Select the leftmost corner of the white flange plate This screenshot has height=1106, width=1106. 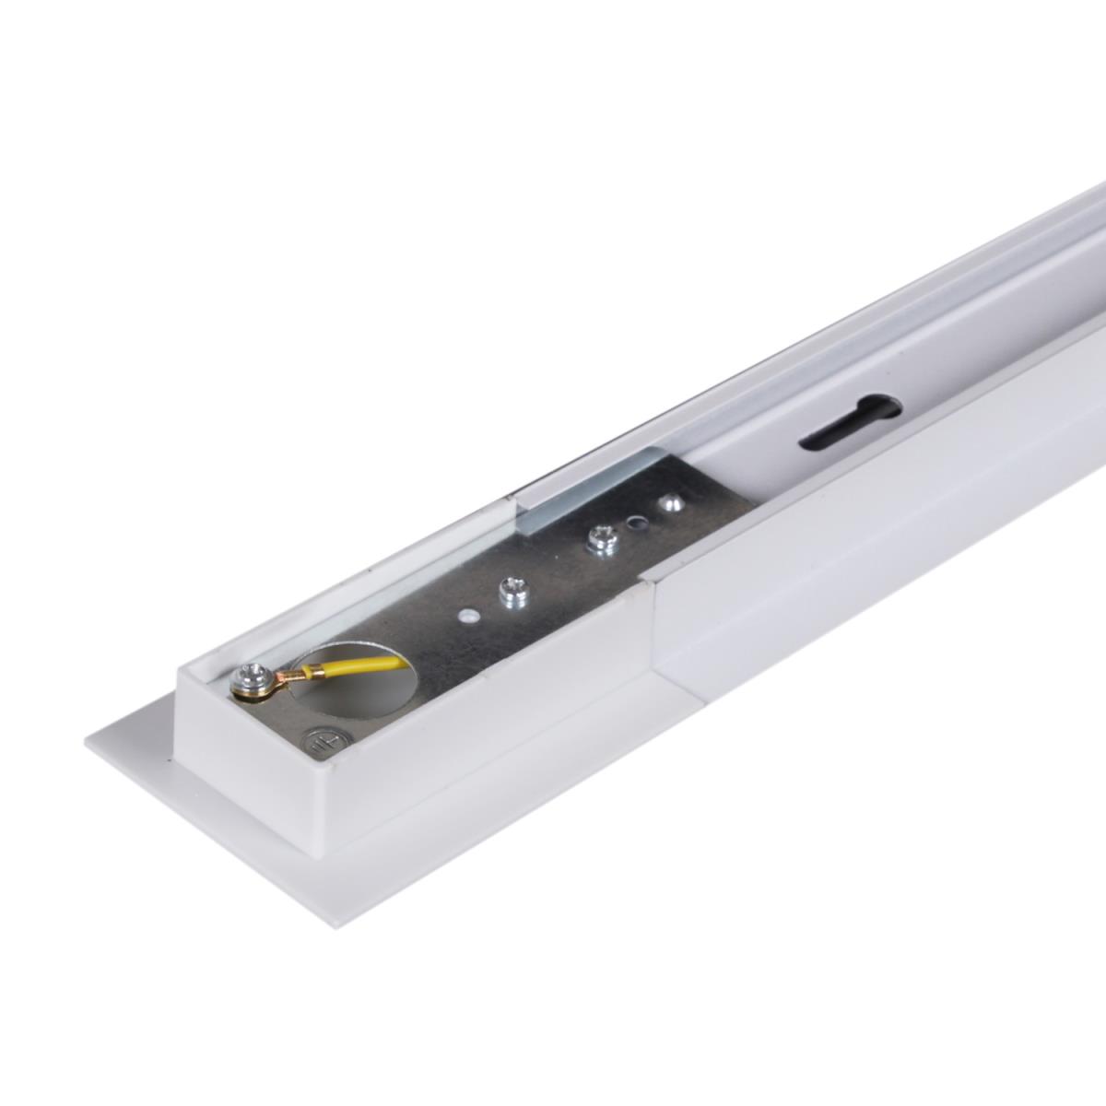pyautogui.click(x=87, y=743)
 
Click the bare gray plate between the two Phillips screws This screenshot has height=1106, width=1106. pyautogui.click(x=553, y=567)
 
